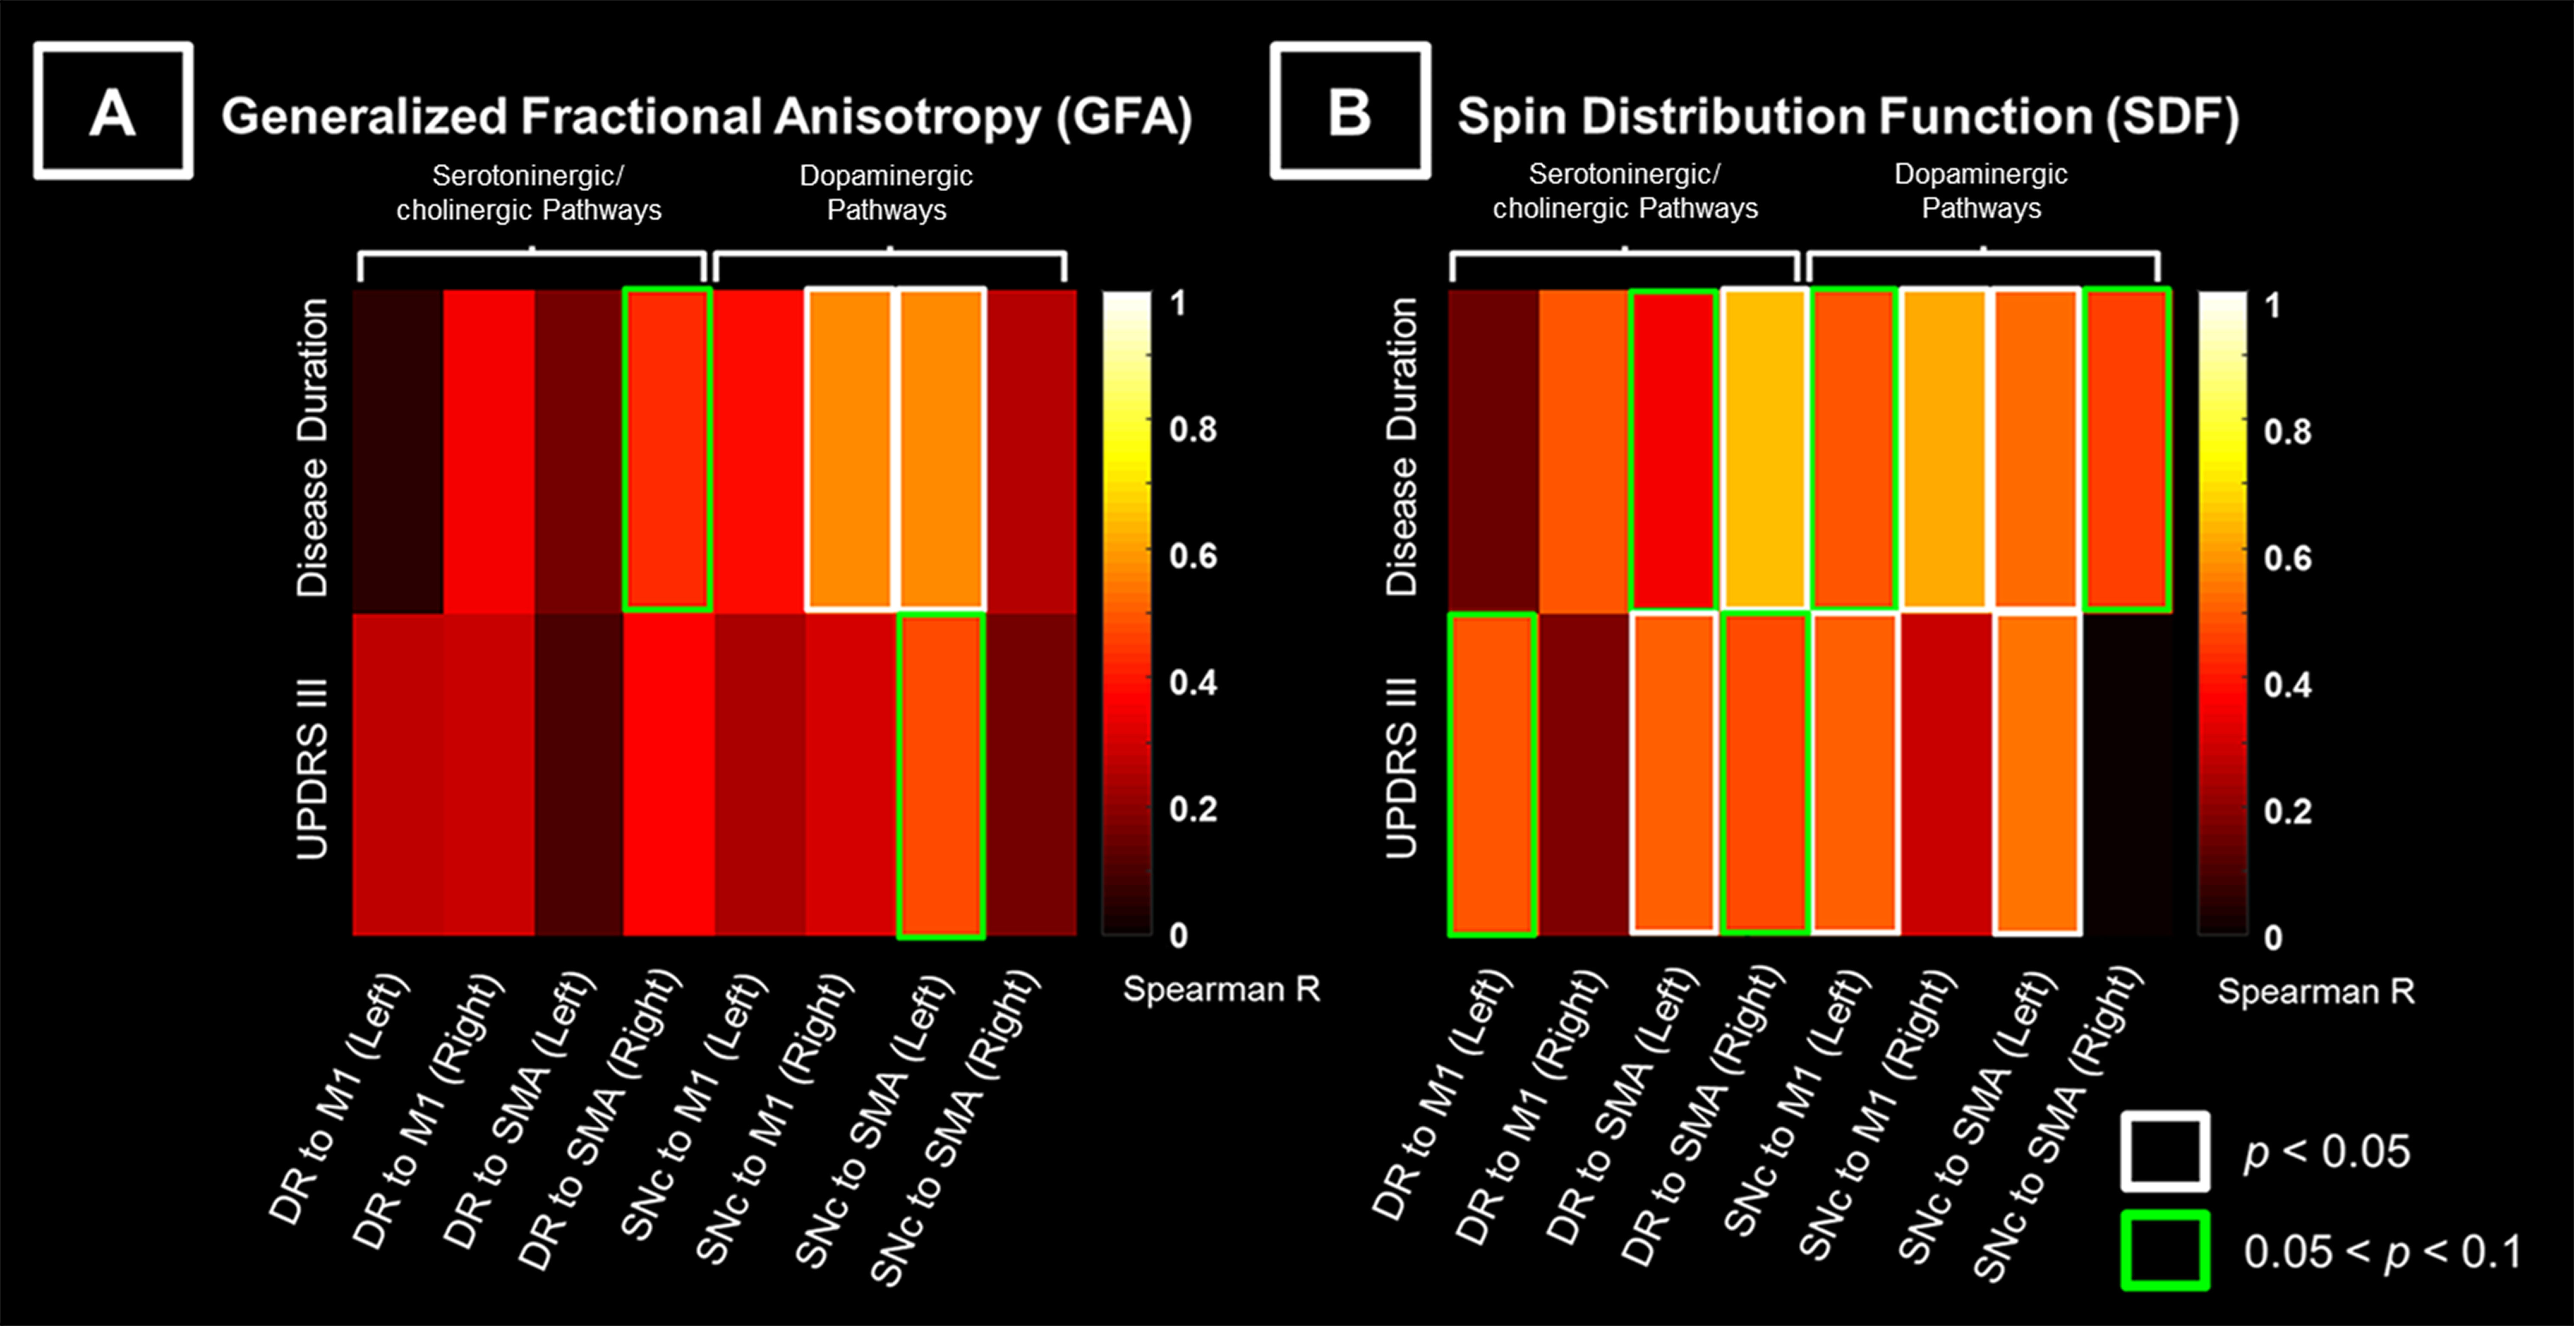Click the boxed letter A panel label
coord(113,111)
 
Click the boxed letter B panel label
coord(1350,111)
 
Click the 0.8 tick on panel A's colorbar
coord(1193,430)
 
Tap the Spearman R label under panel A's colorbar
coord(1221,989)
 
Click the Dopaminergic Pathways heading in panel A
coord(886,192)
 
